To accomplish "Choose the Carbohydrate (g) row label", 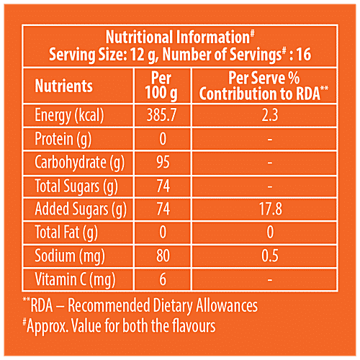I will (81, 163).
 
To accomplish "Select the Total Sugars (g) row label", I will (76, 186).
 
